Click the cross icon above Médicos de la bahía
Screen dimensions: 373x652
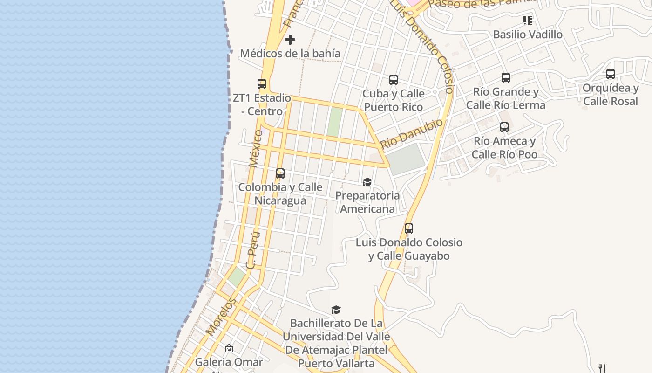pos(290,40)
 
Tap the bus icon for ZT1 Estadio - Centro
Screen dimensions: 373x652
pos(262,84)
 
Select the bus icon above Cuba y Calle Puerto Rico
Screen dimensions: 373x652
pos(394,80)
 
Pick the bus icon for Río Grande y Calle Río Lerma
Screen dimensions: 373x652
pos(506,78)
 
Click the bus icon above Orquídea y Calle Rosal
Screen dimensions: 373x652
pos(610,74)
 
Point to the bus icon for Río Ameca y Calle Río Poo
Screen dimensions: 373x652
pos(504,127)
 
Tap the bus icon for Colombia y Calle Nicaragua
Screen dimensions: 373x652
pos(280,173)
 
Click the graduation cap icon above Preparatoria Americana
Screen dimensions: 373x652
pos(367,182)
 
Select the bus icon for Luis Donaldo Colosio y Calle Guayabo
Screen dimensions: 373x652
pos(409,228)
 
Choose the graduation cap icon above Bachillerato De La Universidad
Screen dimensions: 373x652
pos(336,310)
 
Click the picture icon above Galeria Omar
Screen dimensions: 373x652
pos(229,348)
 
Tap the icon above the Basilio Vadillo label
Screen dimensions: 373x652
pos(527,21)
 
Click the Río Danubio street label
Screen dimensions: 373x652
pos(411,133)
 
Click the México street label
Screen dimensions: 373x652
pos(255,148)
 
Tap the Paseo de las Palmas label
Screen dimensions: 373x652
pos(482,4)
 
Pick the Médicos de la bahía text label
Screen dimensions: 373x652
pos(290,54)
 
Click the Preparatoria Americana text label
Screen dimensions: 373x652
pos(367,202)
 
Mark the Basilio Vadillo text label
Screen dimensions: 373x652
pos(527,35)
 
